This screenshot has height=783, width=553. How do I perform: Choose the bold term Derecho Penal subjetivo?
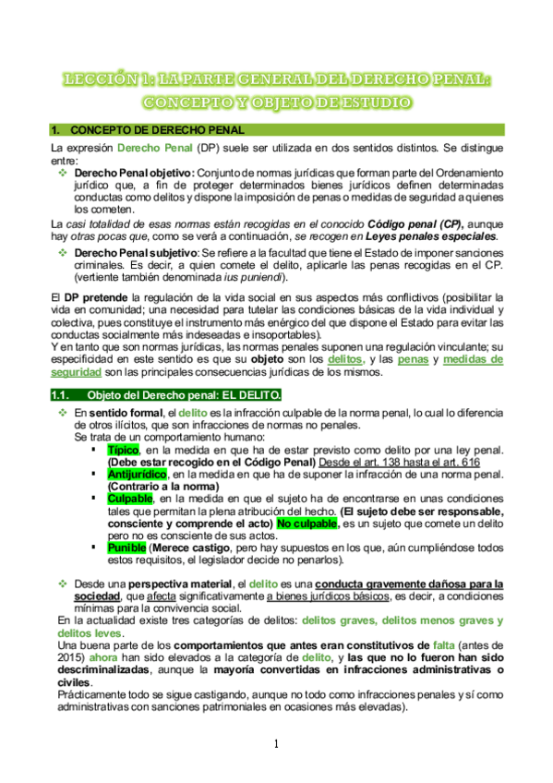pos(135,252)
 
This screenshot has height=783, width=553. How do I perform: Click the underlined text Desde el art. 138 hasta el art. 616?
pos(411,461)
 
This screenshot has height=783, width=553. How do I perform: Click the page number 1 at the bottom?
pos(275,743)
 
